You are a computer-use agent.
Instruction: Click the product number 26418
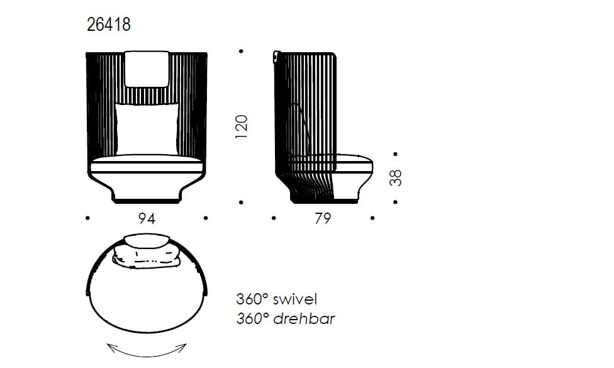[108, 25]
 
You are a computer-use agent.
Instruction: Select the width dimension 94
[147, 218]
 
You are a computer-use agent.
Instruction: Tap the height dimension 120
[242, 126]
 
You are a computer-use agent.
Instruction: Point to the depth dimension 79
[322, 218]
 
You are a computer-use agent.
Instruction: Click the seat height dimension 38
[395, 177]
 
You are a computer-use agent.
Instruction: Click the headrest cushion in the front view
[147, 69]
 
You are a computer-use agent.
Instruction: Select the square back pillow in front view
[146, 128]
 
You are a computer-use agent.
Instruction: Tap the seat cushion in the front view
[147, 167]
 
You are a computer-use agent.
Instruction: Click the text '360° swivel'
[276, 298]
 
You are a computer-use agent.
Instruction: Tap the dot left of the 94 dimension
[87, 218]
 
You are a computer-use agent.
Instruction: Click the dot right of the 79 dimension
[373, 218]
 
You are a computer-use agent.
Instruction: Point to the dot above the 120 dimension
[242, 52]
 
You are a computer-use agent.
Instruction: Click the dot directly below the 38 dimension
[395, 202]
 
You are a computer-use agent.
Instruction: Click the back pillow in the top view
[147, 258]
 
